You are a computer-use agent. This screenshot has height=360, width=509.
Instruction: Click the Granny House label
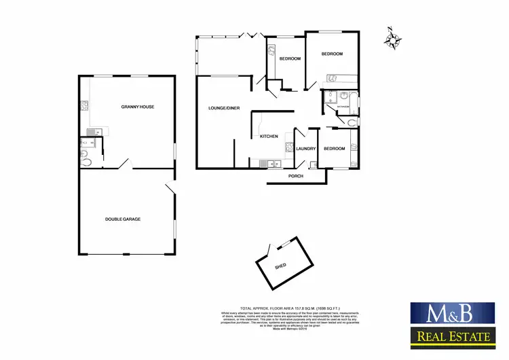point(136,107)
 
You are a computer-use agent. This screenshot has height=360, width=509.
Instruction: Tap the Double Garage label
point(127,219)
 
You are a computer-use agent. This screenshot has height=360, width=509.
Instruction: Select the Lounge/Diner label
point(223,108)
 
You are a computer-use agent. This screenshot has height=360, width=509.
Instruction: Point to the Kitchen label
point(269,137)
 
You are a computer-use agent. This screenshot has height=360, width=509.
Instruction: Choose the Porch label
point(296,177)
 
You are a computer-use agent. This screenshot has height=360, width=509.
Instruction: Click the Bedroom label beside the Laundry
point(334,149)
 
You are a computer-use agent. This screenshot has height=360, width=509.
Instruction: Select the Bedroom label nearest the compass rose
point(332,54)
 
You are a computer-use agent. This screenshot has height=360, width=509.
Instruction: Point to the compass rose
point(392,39)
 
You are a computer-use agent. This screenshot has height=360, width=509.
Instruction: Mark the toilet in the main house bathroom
point(350,122)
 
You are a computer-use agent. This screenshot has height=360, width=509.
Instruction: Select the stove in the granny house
point(83,105)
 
